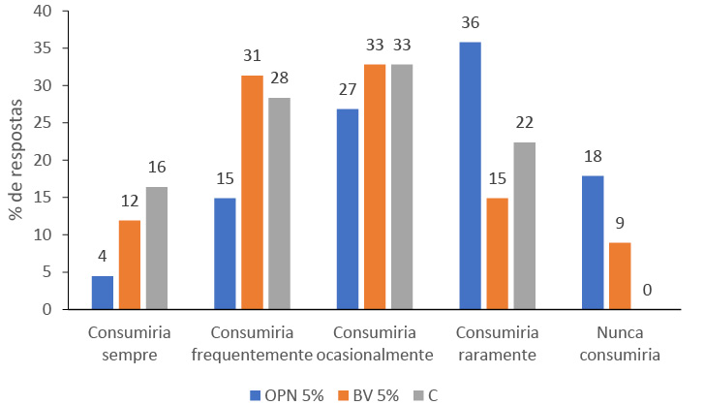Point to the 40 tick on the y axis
pyautogui.click(x=47, y=11)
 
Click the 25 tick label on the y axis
pyautogui.click(x=47, y=123)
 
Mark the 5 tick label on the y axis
pyautogui.click(x=51, y=272)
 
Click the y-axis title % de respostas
pyautogui.click(x=15, y=160)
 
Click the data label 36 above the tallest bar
pyautogui.click(x=471, y=22)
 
